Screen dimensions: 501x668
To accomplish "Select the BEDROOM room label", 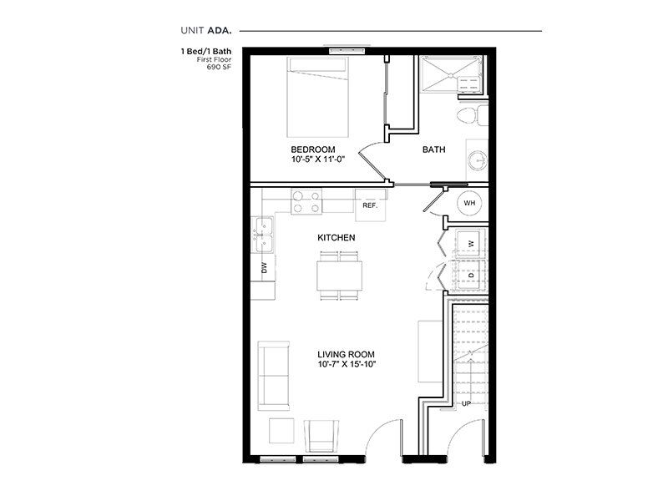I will click(312, 149).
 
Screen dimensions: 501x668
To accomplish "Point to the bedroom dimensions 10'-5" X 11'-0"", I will click(317, 160).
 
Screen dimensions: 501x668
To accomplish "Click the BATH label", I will click(433, 150).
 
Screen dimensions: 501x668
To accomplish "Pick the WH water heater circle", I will click(468, 202).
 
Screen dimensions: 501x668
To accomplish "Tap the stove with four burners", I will click(306, 201).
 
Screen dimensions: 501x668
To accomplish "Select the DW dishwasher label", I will click(264, 269).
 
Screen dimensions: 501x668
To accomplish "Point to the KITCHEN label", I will click(337, 238).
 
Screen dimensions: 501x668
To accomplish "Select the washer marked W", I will click(470, 242).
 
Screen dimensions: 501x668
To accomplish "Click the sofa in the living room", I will click(273, 375).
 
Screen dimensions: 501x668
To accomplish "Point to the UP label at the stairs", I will click(468, 404).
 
